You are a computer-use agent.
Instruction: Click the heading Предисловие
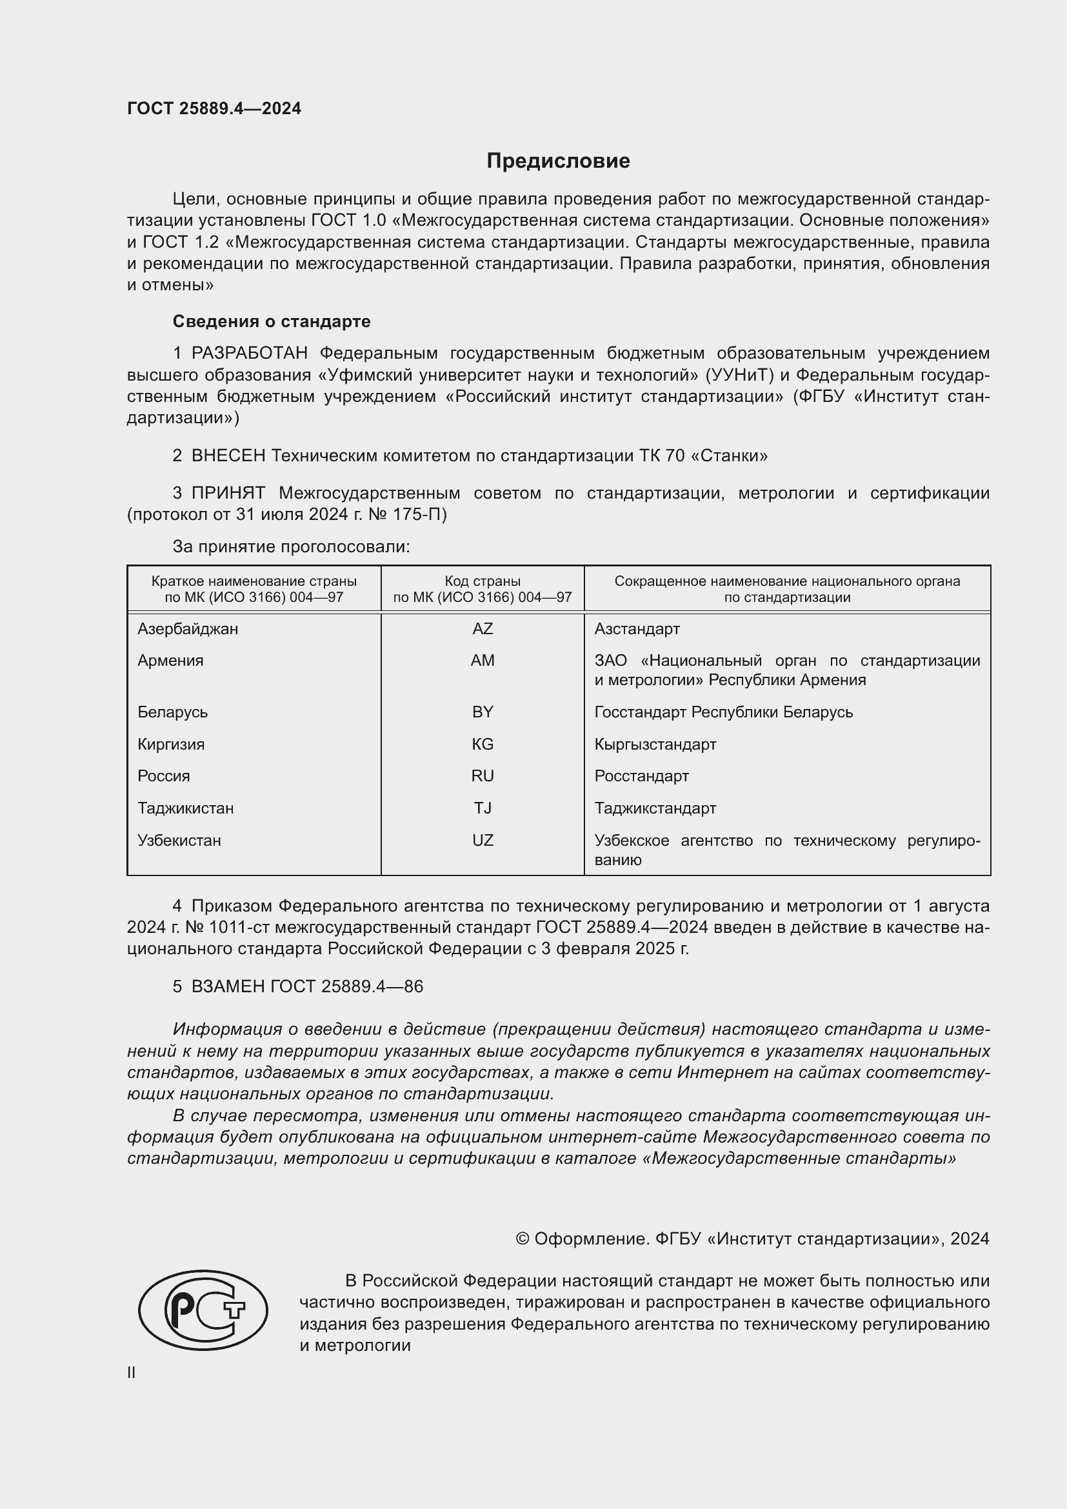point(558,161)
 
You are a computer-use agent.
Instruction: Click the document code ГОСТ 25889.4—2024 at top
point(214,108)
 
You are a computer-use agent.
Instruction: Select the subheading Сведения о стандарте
point(272,321)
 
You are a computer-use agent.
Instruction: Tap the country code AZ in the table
point(483,629)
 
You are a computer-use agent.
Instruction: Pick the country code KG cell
point(483,744)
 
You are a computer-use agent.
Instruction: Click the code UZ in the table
point(483,841)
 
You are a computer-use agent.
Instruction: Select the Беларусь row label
point(172,712)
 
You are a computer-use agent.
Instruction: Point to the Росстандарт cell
point(641,776)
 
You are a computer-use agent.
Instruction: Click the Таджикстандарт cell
point(655,808)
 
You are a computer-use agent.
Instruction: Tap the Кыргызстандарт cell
point(655,744)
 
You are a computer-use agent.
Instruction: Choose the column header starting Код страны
point(483,589)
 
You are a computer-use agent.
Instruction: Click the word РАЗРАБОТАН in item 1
point(250,354)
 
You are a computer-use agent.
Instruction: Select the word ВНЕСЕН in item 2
point(228,455)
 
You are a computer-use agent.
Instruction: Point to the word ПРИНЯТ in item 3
point(228,493)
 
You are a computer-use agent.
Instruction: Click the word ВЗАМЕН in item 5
point(228,986)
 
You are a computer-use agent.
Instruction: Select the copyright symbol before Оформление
point(523,1239)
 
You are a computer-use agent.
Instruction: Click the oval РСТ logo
point(203,1310)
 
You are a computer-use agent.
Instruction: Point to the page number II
point(132,1372)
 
